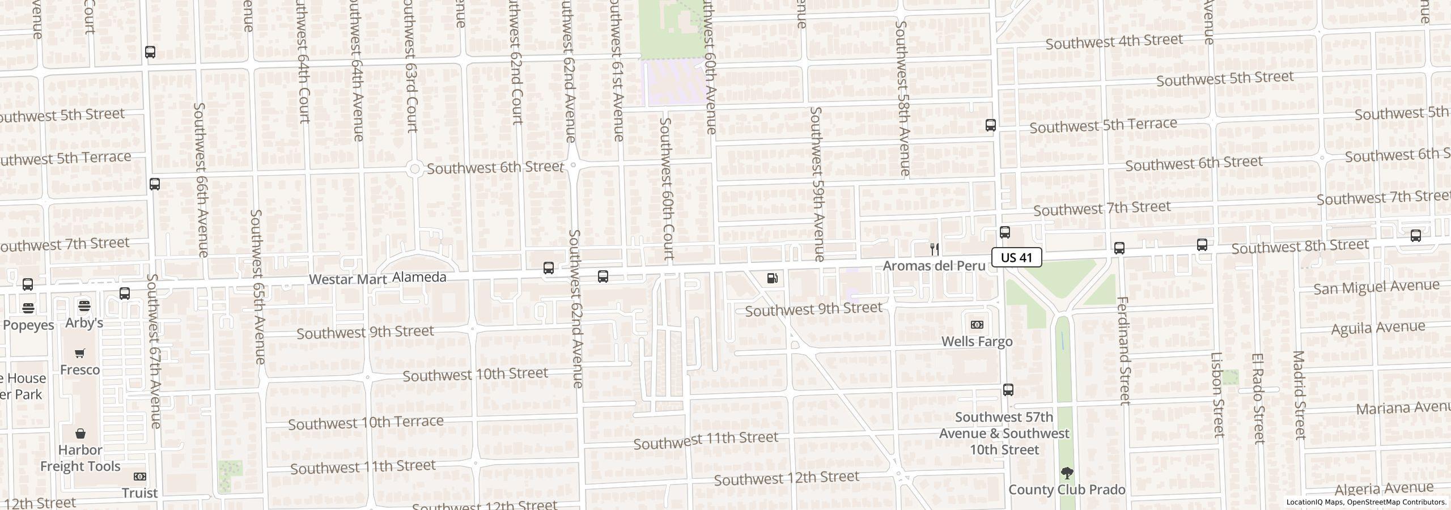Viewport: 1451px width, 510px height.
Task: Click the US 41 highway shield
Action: coord(1016,257)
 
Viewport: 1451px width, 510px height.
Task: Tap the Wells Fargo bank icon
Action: coord(977,325)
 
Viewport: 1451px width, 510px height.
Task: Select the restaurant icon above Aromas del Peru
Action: coord(935,249)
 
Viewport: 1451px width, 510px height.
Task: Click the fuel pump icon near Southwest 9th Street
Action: coord(772,278)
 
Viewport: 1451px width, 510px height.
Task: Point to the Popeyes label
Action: coord(28,325)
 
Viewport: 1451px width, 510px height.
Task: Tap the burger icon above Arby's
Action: coord(84,306)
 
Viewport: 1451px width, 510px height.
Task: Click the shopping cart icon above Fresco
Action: coord(80,354)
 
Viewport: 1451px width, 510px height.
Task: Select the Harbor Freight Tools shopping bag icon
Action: coord(80,434)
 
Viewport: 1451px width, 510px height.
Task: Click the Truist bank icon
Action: coord(139,477)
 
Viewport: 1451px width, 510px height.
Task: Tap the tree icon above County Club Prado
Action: coord(1067,473)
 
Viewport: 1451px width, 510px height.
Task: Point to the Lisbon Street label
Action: coord(1217,395)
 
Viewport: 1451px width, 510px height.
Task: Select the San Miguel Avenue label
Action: coord(1376,287)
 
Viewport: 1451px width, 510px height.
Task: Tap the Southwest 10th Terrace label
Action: coord(366,423)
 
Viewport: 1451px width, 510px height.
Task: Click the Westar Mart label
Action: coord(348,279)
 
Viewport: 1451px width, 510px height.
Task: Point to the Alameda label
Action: coord(419,277)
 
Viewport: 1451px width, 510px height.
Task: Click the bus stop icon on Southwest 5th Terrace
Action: coord(990,125)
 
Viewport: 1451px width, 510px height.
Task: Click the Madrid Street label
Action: coord(1299,395)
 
